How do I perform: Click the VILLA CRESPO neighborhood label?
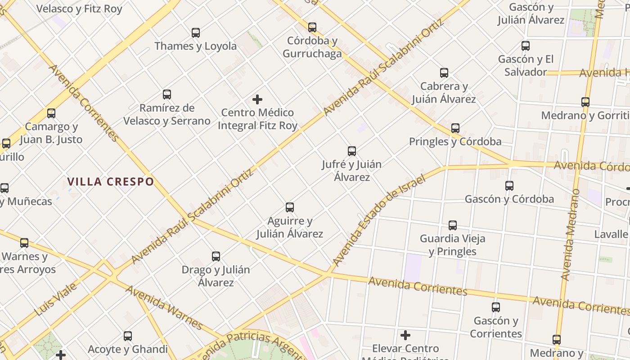pos(111,182)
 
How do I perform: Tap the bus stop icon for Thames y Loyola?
pos(196,33)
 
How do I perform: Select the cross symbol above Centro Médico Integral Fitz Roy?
pos(257,99)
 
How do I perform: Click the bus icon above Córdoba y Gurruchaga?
pos(312,27)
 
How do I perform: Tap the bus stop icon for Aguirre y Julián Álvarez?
pos(290,207)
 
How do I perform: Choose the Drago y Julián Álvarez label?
pos(216,276)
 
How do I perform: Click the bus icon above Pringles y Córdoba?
pos(455,128)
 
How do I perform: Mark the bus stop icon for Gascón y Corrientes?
pos(496,307)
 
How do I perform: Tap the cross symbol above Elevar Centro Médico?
pos(405,335)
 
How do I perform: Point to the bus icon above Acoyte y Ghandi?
pos(128,336)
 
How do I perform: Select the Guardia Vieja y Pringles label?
pos(452,245)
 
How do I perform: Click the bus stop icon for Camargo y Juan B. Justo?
pos(51,113)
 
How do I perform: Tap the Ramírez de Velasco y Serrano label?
pos(167,114)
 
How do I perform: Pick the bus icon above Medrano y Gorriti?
pos(585,102)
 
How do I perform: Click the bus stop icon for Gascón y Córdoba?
pos(509,186)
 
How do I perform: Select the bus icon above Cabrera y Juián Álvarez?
pos(444,73)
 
